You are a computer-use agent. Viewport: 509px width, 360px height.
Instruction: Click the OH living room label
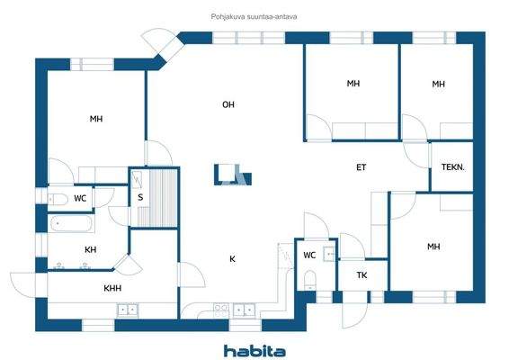pos(228,105)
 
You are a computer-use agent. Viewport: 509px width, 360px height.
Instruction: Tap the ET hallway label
pos(362,167)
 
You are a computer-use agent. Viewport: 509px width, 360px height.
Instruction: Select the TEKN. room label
pos(452,167)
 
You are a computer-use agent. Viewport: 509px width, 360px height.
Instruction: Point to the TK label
pos(362,275)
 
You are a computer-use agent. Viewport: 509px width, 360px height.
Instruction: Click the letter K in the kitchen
pos(232,259)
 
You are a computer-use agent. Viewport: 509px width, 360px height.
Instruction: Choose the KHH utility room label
pos(112,289)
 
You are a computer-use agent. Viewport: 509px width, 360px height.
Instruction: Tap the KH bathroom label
pos(90,249)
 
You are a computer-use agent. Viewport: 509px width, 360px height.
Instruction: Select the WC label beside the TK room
pos(308,255)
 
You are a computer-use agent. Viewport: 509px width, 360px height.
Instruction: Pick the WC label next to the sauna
pos(80,198)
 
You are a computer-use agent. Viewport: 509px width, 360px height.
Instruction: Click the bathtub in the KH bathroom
pos(68,223)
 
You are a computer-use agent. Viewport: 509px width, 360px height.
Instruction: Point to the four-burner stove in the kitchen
pos(219,310)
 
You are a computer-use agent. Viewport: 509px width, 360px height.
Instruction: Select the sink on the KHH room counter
pos(128,310)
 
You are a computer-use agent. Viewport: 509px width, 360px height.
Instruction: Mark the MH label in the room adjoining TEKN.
pos(438,84)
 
